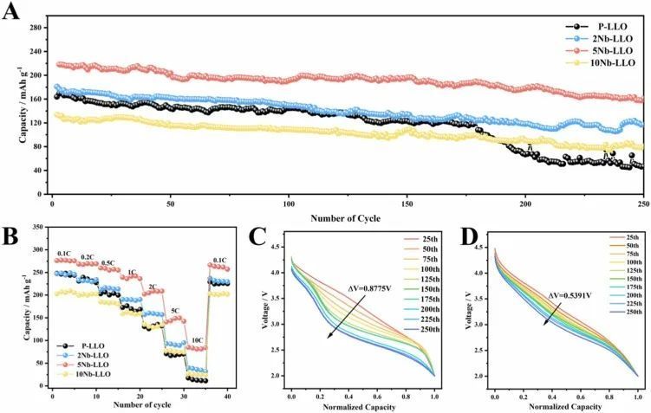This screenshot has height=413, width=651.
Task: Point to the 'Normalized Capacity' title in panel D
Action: click(x=564, y=406)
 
